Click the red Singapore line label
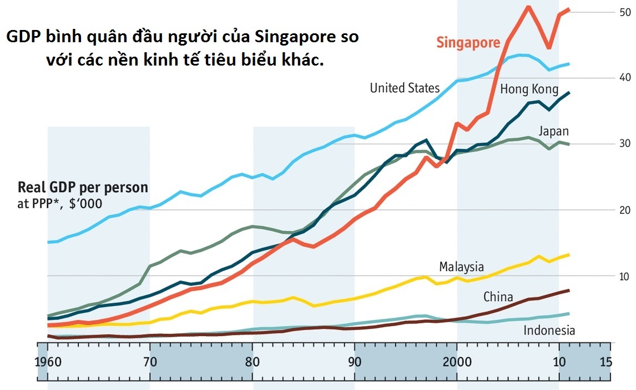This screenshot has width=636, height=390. (x=468, y=43)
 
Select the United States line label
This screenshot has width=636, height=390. (x=405, y=88)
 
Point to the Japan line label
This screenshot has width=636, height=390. (x=553, y=132)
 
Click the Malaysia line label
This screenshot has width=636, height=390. (x=461, y=267)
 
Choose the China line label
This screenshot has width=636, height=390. (x=498, y=297)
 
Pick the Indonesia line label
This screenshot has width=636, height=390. (x=549, y=331)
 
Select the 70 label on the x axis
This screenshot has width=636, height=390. (x=150, y=362)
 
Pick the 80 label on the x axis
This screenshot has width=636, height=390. (x=253, y=362)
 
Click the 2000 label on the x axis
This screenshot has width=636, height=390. (x=457, y=362)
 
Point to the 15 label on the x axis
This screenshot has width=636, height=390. (x=605, y=362)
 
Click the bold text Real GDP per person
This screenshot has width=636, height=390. (x=83, y=187)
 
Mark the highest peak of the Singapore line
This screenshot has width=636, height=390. (x=528, y=6)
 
